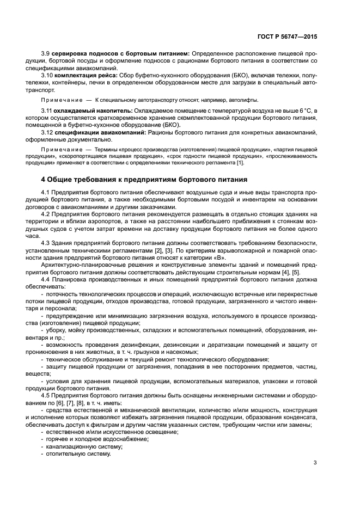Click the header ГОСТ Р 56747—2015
tap(287, 36)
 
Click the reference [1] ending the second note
tap(240, 163)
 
